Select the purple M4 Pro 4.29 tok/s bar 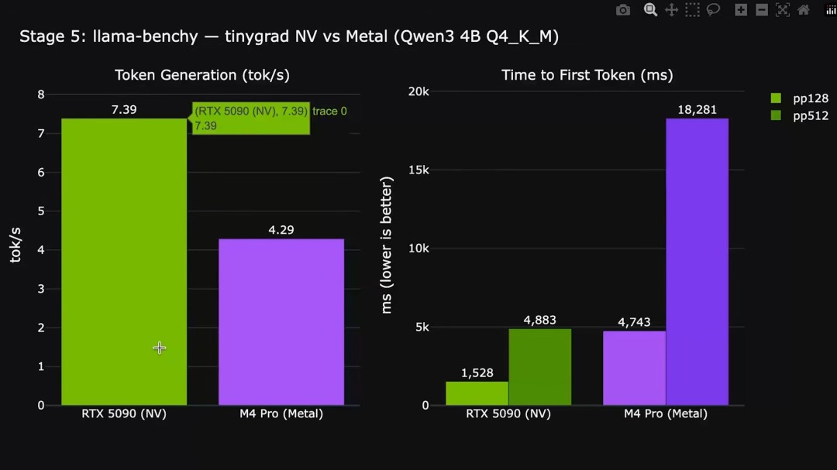[x=281, y=321]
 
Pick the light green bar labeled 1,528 [x=477, y=393]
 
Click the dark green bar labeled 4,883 [x=539, y=367]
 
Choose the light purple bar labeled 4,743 [x=634, y=368]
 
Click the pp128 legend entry [x=799, y=98]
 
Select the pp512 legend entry [x=799, y=115]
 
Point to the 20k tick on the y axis [x=418, y=91]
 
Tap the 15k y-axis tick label [x=418, y=170]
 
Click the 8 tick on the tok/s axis [x=41, y=94]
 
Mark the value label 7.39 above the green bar [x=124, y=110]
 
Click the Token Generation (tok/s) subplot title [x=197, y=75]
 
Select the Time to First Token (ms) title [x=587, y=75]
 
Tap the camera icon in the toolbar [x=623, y=10]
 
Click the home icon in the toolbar [x=804, y=10]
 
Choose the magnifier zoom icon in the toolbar [x=650, y=10]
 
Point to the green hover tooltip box [x=251, y=118]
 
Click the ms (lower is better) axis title [x=387, y=245]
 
